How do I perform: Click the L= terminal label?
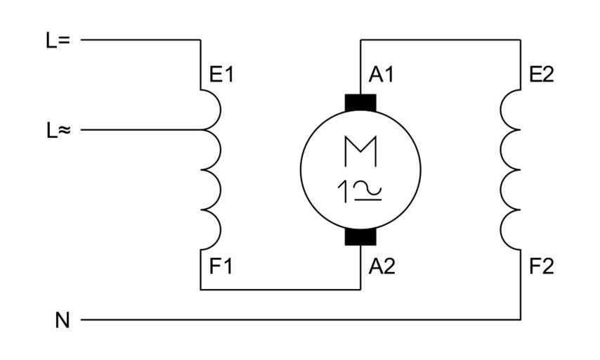coord(58,40)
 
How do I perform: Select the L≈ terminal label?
coord(58,130)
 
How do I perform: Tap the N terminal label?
coord(63,321)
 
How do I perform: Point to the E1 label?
coord(221,75)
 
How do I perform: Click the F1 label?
coord(221,266)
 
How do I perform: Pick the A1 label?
coord(381,75)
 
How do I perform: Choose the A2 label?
coord(381,266)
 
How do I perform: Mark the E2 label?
coord(541,75)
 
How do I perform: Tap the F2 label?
coord(542,266)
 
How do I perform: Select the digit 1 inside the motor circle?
coord(345,191)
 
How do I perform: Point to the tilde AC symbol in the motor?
coord(367,188)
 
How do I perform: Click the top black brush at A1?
coord(360,103)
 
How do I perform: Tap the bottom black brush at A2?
coord(360,236)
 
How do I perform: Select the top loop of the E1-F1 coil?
coord(212,110)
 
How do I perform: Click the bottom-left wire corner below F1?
coord(201,289)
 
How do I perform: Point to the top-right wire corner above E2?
coord(521,40)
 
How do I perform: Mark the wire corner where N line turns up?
coord(521,320)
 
